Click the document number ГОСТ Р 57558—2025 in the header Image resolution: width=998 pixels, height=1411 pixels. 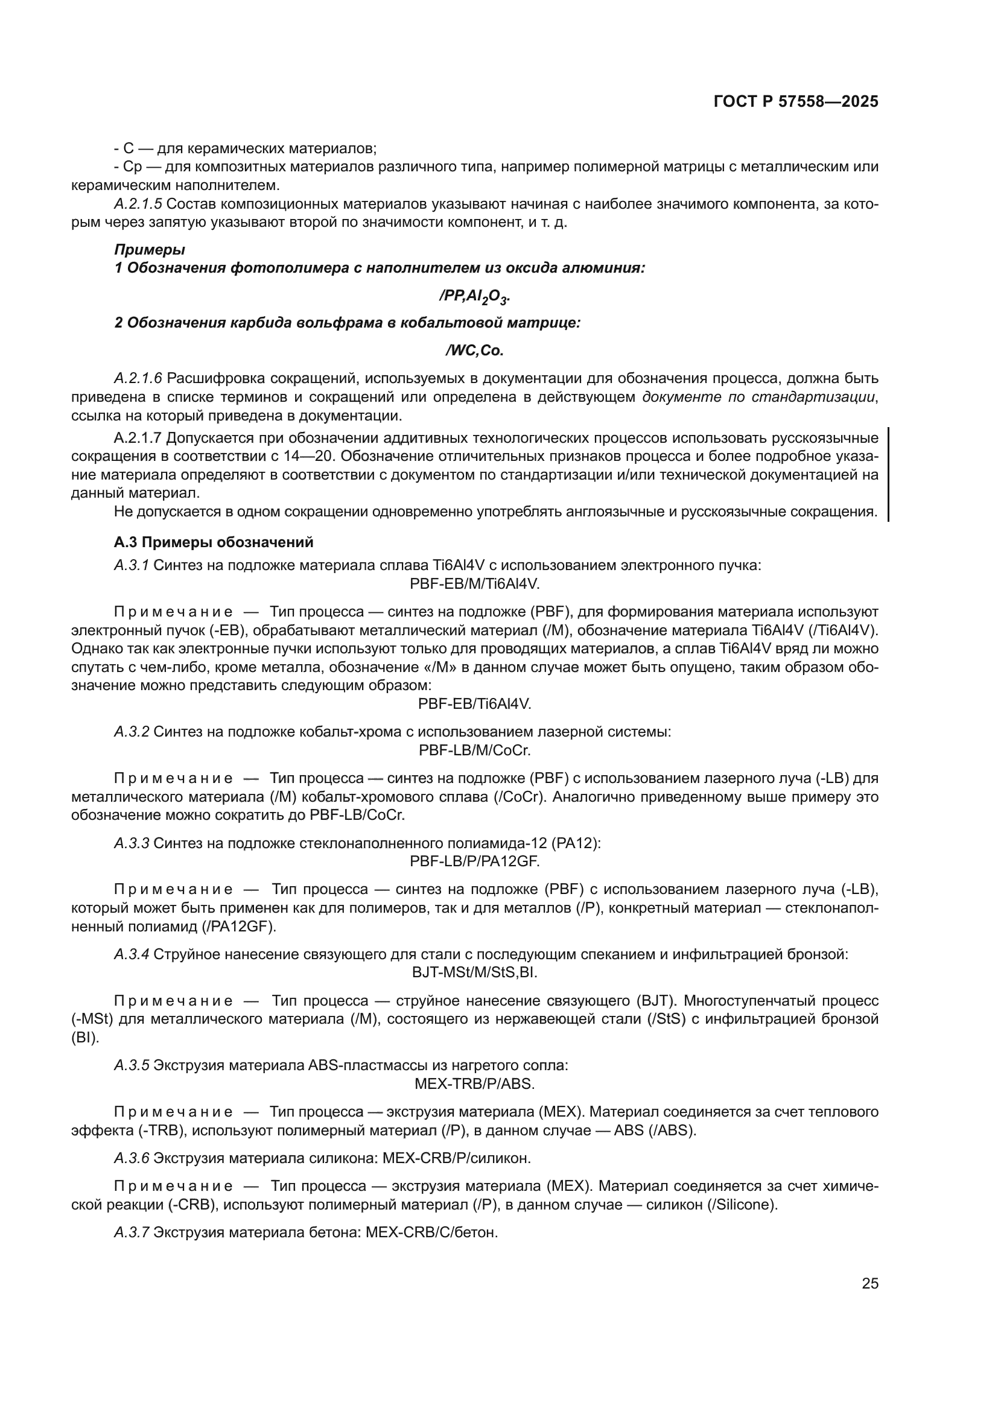click(796, 102)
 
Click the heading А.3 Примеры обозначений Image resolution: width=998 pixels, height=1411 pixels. click(213, 542)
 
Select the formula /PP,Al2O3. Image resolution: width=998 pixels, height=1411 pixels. click(474, 296)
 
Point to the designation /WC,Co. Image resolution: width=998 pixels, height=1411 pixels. click(474, 350)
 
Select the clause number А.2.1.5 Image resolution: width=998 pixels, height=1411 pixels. click(138, 203)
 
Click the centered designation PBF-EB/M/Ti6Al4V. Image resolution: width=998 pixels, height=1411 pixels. click(474, 583)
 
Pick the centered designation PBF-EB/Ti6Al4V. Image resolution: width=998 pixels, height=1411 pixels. click(474, 703)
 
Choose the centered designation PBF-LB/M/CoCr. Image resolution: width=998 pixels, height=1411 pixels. click(474, 750)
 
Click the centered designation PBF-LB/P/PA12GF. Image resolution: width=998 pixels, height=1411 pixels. click(474, 861)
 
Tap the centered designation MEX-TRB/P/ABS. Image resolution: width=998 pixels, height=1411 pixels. click(474, 1083)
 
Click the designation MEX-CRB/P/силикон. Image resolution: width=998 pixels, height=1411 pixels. click(456, 1158)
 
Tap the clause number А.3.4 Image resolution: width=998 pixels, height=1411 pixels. click(132, 954)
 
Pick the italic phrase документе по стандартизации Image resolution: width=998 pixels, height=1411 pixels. click(758, 396)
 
